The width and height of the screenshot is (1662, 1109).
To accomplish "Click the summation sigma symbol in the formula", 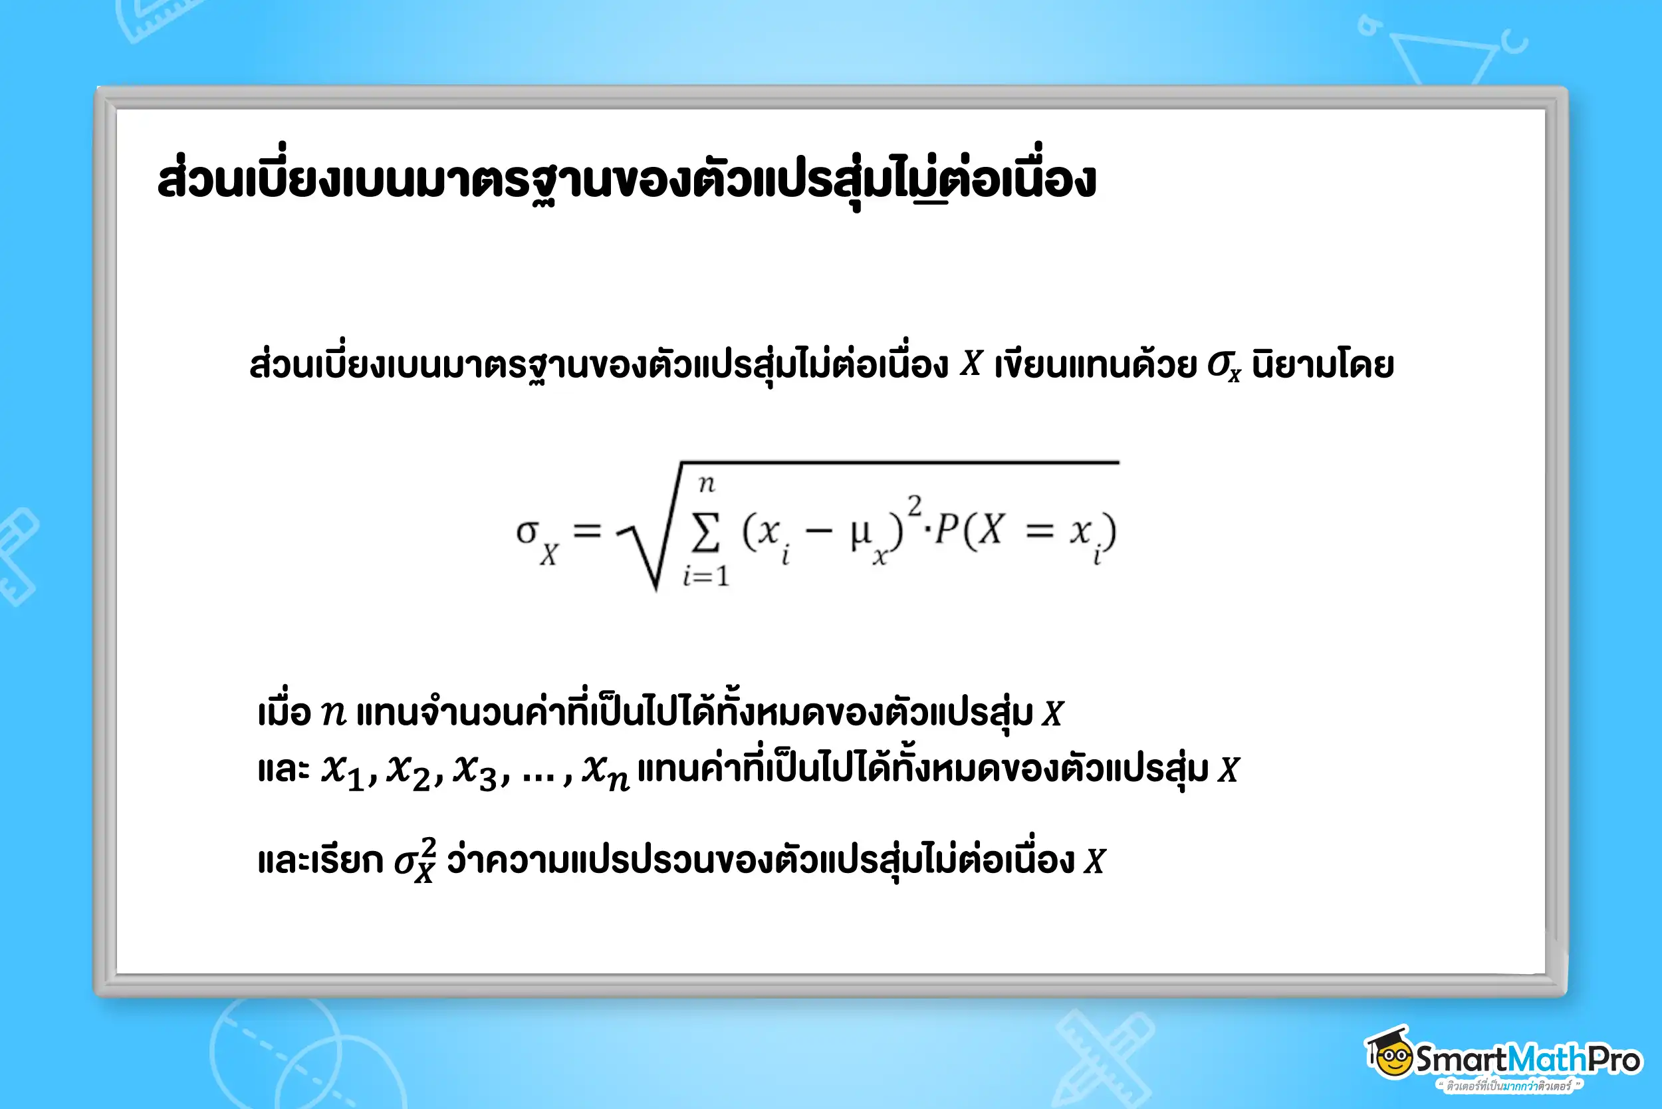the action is [706, 532].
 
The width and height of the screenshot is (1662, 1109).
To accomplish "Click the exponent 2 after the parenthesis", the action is [915, 506].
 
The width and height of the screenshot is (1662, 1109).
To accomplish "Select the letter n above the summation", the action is [707, 484].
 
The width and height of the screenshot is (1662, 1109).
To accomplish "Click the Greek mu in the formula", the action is [861, 533].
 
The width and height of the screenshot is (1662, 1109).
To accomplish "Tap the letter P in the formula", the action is [946, 529].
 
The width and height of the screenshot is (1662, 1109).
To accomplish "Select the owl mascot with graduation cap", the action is [1390, 1052].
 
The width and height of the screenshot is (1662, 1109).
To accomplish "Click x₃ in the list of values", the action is [475, 771].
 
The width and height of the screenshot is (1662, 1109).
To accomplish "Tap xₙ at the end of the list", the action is [606, 772].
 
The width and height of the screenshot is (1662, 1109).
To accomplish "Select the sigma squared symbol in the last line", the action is [415, 860].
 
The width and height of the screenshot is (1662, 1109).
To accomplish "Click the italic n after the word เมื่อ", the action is [333, 713].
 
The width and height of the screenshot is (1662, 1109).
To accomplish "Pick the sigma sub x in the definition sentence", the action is [1223, 366].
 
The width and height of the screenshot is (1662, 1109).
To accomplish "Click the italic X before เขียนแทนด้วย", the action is [971, 364].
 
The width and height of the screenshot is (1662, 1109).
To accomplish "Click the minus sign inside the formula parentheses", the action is [818, 531].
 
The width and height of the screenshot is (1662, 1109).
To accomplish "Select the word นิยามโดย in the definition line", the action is [1322, 365].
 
